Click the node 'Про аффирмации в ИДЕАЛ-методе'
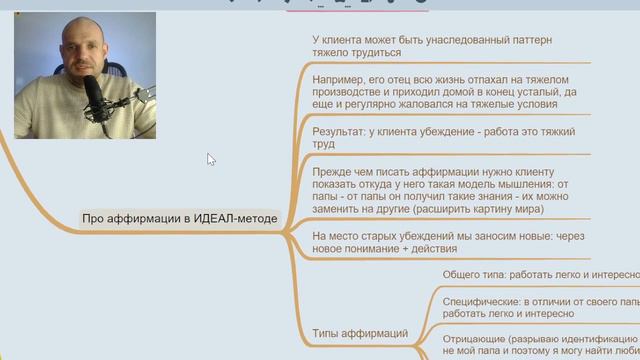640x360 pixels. tap(179, 219)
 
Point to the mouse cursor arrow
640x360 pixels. tap(211, 159)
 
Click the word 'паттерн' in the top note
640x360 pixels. tap(530, 39)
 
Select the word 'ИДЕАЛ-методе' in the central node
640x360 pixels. tap(236, 219)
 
